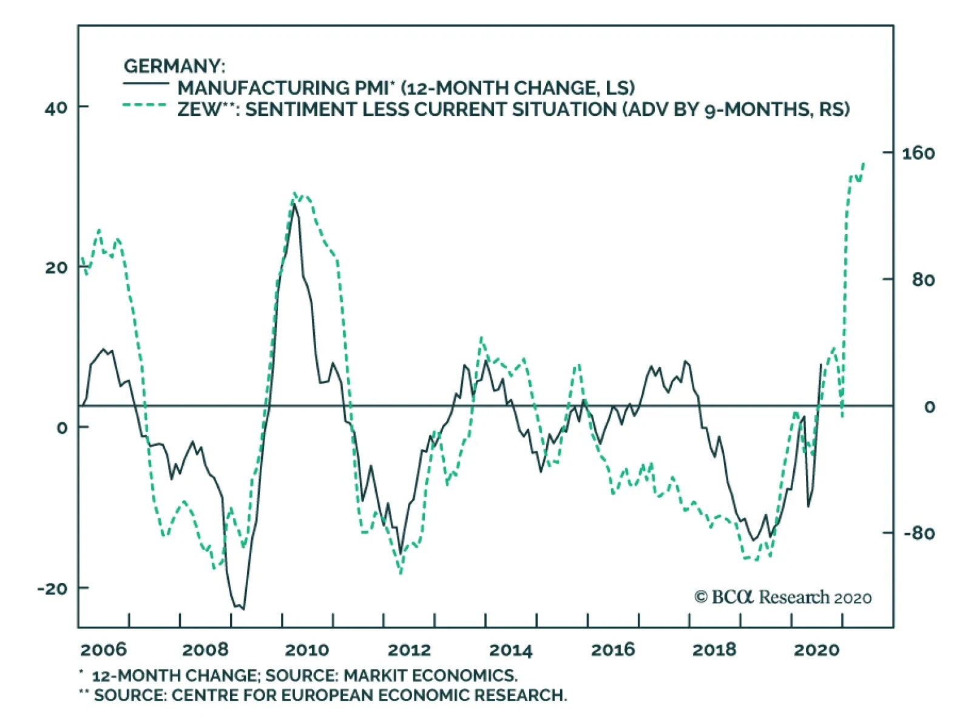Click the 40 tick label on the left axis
56,108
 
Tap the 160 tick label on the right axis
918,153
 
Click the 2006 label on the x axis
103,650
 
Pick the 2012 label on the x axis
409,650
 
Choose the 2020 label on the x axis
816,650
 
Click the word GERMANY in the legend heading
173,66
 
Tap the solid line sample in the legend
146,83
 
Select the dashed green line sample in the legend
146,105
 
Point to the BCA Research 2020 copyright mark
783,597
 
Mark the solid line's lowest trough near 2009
243,608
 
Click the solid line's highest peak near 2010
295,204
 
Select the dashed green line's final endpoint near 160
864,163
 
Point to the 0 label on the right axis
929,407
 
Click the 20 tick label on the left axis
56,268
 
